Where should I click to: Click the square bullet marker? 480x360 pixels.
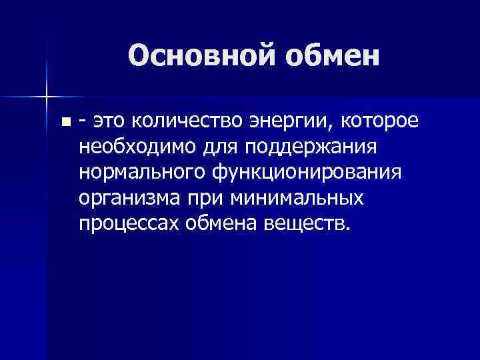(x=65, y=122)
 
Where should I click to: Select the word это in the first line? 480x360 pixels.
(x=109, y=121)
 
